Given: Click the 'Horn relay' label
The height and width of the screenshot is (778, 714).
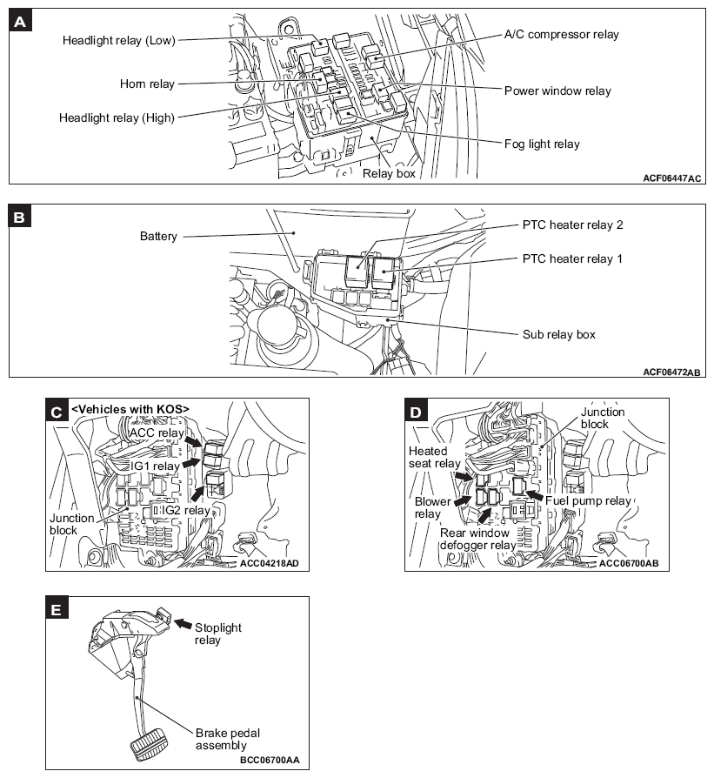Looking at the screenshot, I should click(x=147, y=84).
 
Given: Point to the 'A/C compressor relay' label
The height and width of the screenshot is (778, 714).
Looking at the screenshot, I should click(x=562, y=35).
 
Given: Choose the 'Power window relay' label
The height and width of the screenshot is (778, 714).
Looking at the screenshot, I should click(x=557, y=91).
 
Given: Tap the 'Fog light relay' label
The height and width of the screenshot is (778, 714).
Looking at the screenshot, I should click(x=542, y=144).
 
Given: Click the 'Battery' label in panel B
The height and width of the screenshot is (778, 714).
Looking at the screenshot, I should click(x=158, y=236).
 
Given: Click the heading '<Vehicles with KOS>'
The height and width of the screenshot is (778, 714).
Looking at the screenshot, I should click(x=130, y=409).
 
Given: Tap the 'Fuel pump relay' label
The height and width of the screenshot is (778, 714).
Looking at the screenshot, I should click(x=588, y=501).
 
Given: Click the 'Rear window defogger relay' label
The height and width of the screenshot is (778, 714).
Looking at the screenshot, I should click(x=489, y=539).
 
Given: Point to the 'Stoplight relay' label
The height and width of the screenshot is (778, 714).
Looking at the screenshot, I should click(x=218, y=634).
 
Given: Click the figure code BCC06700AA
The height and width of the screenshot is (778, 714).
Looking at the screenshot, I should click(x=269, y=760).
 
